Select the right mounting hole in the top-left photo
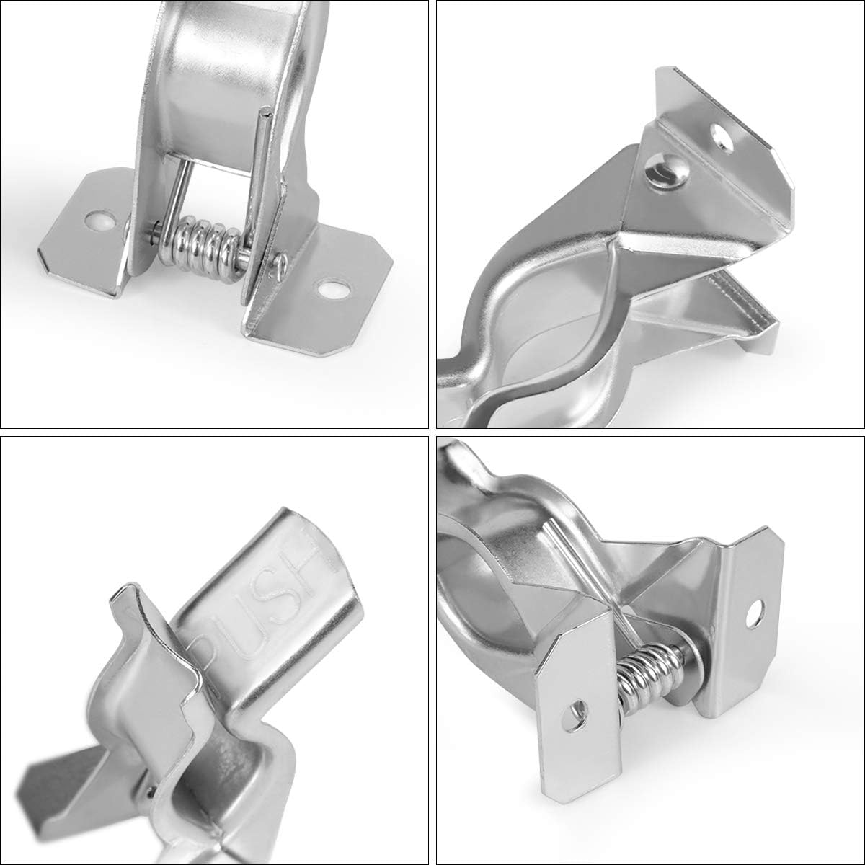click(332, 289)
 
